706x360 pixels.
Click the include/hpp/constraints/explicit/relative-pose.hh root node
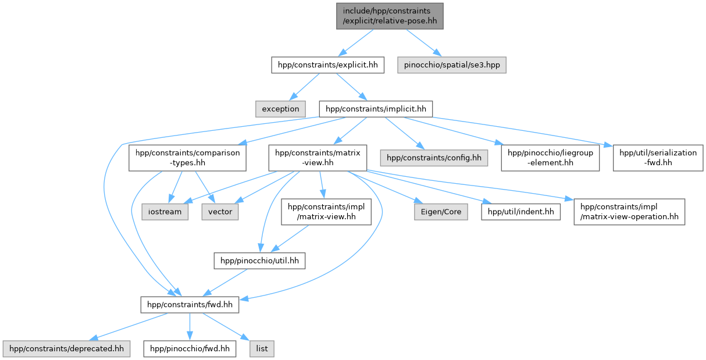pos(389,16)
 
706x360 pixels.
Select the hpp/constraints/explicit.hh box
pos(328,65)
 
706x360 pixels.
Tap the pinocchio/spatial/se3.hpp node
pos(452,65)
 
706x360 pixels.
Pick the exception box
pos(280,108)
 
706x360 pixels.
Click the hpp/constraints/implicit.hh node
pos(376,108)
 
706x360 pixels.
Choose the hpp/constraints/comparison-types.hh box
pos(187,158)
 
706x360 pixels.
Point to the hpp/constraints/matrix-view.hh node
pos(318,158)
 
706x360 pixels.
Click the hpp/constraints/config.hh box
pos(434,158)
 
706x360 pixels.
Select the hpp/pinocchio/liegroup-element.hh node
pos(550,158)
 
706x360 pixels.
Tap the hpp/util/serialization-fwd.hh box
pos(658,158)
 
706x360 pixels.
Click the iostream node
pos(164,212)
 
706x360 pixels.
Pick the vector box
pos(220,212)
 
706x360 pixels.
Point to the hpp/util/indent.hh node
pos(520,212)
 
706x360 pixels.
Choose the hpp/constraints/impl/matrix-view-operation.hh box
pos(629,212)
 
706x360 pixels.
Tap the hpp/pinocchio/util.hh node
pos(259,261)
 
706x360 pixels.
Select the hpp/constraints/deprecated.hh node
pos(66,349)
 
